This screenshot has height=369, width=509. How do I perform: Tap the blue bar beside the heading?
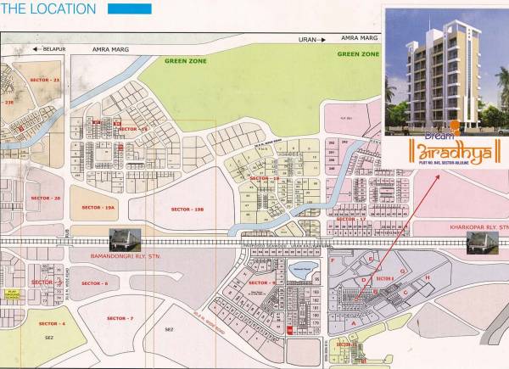[x=131, y=9]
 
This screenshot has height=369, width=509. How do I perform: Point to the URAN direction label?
[x=306, y=39]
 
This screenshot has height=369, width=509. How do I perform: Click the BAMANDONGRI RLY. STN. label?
[x=125, y=254]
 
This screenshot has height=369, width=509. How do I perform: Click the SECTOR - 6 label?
[x=94, y=282]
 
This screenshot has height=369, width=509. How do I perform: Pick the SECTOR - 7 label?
[x=120, y=317]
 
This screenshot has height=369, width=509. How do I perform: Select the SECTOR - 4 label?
[x=52, y=323]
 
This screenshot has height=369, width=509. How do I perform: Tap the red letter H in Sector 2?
[x=428, y=277]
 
